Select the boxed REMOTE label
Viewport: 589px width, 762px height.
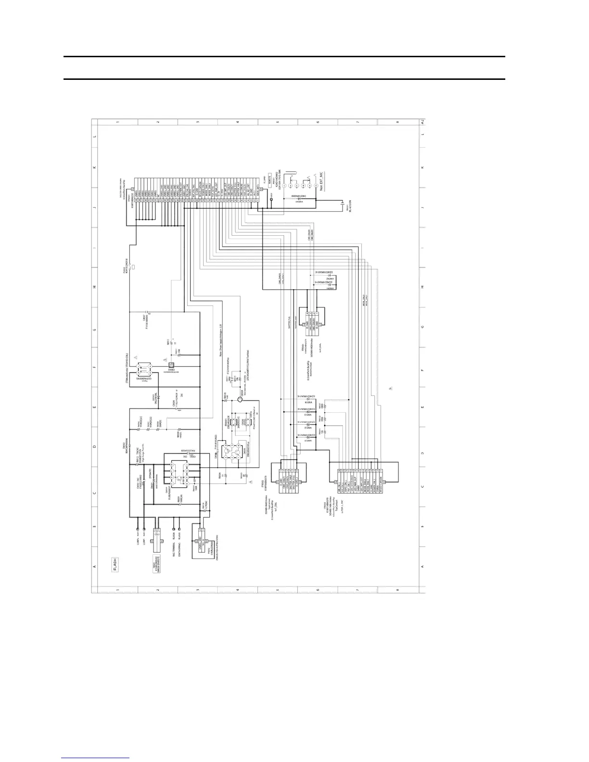pos(268,179)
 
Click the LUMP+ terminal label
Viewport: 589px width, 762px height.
pos(138,545)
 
